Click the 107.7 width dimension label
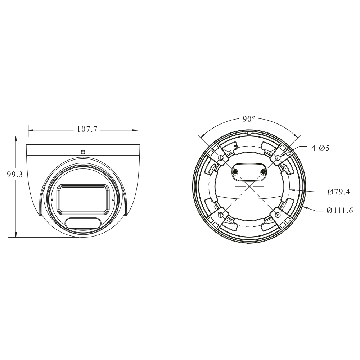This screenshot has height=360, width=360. click(87, 129)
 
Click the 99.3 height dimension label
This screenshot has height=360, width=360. click(15, 175)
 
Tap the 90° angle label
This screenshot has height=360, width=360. click(249, 119)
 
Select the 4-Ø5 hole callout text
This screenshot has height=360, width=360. click(320, 148)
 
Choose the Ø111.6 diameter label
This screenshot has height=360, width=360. click(340, 210)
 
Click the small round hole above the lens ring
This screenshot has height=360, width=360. click(83, 152)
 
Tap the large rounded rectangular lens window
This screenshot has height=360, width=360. click(83, 198)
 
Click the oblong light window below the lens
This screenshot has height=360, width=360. click(83, 223)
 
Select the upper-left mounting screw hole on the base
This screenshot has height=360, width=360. click(221, 158)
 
